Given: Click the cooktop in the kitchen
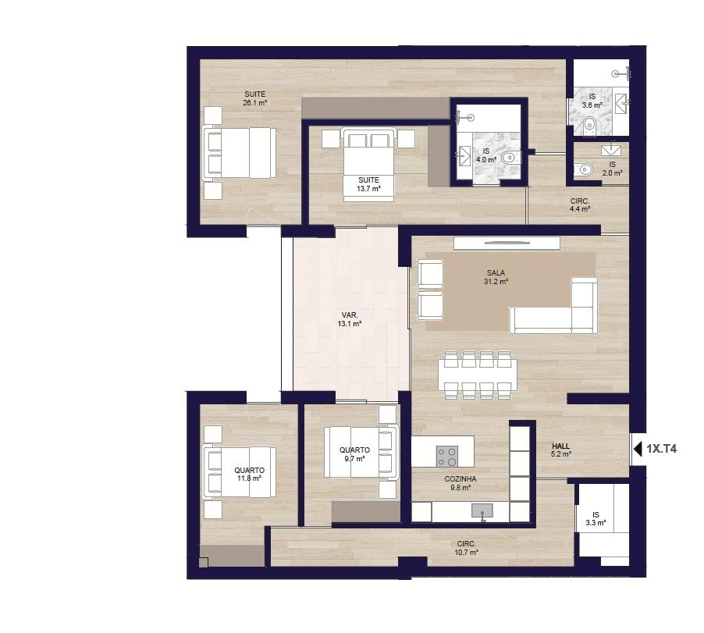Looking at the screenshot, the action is coord(447,456).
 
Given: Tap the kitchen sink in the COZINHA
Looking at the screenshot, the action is coord(482,511).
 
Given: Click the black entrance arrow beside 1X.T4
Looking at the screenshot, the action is coord(638,449).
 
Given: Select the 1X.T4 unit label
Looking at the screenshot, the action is coord(662,449).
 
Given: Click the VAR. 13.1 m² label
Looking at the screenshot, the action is coord(350,319).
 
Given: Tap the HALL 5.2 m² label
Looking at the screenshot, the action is coord(560,450).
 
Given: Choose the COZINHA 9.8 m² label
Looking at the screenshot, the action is coord(460,483).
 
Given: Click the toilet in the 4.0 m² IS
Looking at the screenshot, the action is coord(509,158).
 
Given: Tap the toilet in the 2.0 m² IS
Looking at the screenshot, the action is coord(584,169).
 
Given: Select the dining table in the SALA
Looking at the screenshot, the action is coord(478,375).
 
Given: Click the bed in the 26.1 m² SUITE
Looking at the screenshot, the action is coord(239,153).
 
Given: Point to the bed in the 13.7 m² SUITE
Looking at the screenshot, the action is coord(368,165).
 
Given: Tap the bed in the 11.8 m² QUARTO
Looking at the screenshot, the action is coord(239,472).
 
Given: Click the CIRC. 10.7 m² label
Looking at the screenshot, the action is coord(466,548).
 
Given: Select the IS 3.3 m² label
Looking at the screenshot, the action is coord(596,519).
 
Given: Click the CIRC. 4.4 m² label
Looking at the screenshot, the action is coord(580,205).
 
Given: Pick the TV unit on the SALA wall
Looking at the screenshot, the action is coord(507,243).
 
